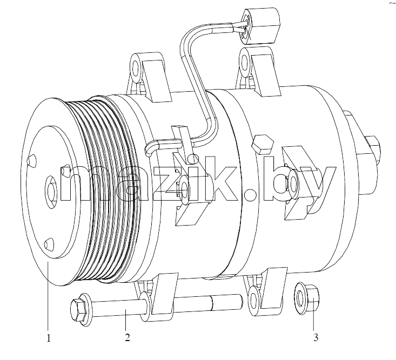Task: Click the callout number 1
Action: (49, 338)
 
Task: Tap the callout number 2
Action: (127, 337)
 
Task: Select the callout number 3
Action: (316, 337)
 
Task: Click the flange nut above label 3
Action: (306, 298)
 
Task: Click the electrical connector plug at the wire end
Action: (260, 26)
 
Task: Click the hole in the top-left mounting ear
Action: (136, 68)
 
